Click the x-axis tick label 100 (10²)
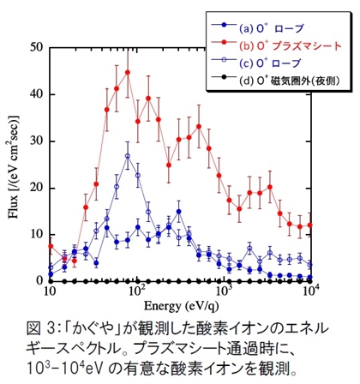tap(137, 293)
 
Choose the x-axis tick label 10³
tap(225, 293)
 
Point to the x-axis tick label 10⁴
tap(310, 293)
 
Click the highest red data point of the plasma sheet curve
tap(127, 73)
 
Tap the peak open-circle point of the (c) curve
tap(127, 156)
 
